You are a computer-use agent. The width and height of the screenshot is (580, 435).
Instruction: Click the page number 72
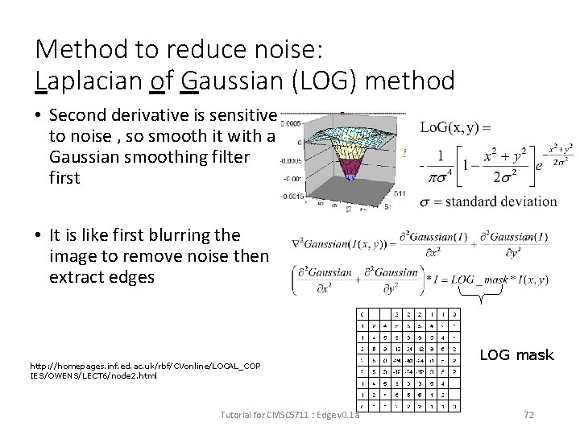coord(529,415)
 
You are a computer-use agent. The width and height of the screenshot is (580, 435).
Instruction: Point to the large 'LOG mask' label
coord(516,354)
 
